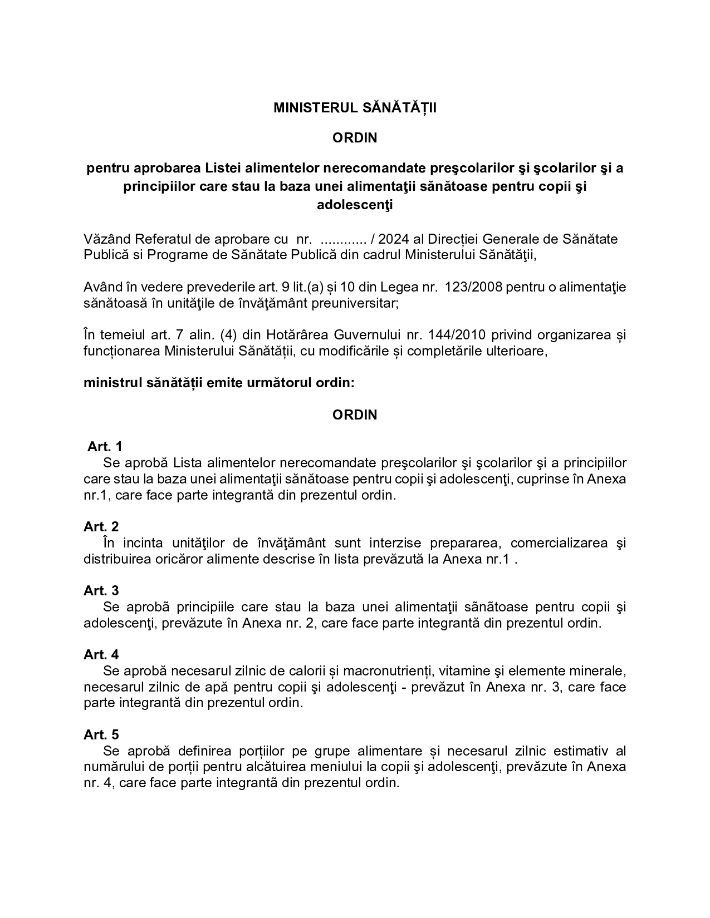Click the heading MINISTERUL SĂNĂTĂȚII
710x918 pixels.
(x=355, y=108)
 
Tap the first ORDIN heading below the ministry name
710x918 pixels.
(x=355, y=138)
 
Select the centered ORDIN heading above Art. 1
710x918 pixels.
(x=355, y=414)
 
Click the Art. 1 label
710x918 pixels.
(x=105, y=447)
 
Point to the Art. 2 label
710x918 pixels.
(x=101, y=526)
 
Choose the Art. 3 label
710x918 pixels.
(x=101, y=590)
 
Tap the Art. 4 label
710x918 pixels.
(x=101, y=654)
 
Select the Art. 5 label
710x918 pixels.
(x=101, y=734)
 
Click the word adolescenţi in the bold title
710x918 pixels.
(x=355, y=205)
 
